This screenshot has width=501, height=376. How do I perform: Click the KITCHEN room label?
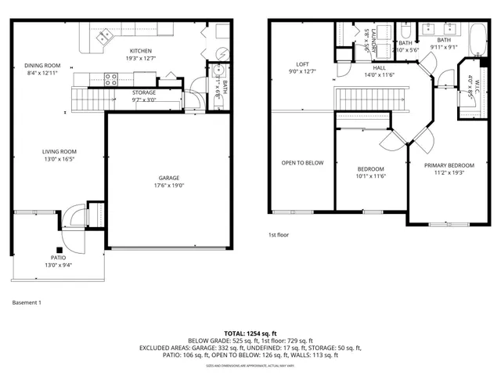pos(140,50)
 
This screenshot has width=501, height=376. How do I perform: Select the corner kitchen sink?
pos(104,36)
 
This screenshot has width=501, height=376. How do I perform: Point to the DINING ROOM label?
pos(42,66)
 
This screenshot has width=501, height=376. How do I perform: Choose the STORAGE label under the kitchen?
pos(143,92)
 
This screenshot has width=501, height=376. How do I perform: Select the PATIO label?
pos(59,258)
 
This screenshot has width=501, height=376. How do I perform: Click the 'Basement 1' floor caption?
pos(27,302)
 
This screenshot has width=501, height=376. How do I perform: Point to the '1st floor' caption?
pos(279,235)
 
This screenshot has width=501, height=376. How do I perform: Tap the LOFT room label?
pos(302,64)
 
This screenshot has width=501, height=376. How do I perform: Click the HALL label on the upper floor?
pos(380,67)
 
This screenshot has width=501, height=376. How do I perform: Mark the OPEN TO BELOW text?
pos(302,163)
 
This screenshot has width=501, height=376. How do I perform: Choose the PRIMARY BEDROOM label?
pos(449,165)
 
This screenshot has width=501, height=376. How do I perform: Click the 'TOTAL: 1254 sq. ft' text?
pos(250,334)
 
